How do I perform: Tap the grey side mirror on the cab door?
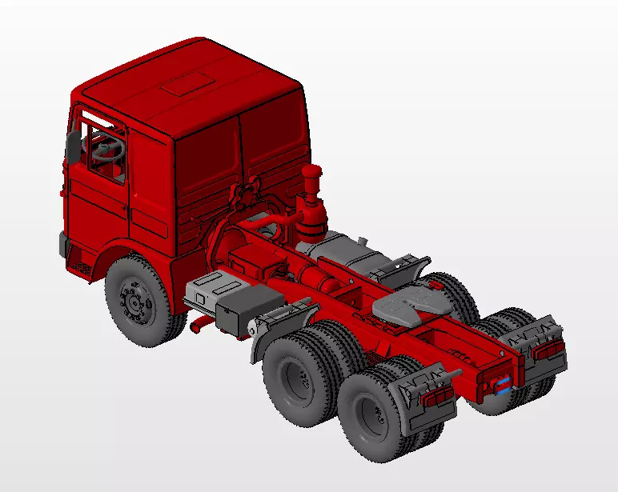[x=73, y=146]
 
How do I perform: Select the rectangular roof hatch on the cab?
[x=187, y=83]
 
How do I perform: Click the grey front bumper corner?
[x=63, y=245]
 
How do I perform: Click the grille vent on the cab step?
[x=81, y=265]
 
